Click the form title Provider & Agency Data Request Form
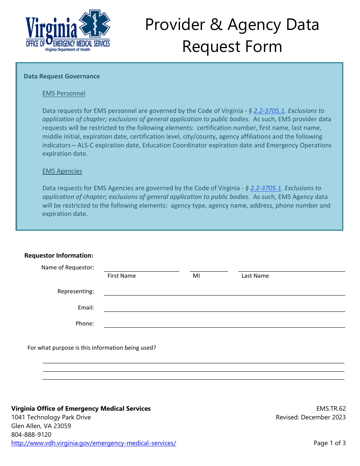pyautogui.click(x=232, y=36)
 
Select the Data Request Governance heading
pyautogui.click(x=62, y=76)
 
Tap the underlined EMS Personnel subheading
pyautogui.click(x=64, y=93)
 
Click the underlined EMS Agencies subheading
pyautogui.click(x=62, y=171)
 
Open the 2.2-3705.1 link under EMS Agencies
pyautogui.click(x=266, y=188)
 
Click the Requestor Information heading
pyautogui.click(x=59, y=255)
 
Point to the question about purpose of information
pyautogui.click(x=92, y=347)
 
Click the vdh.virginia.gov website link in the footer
pyautogui.click(x=94, y=443)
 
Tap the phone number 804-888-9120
pyautogui.click(x=31, y=435)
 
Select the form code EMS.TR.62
pyautogui.click(x=331, y=408)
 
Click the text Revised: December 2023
pyautogui.click(x=311, y=417)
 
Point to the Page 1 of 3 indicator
pyautogui.click(x=330, y=443)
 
